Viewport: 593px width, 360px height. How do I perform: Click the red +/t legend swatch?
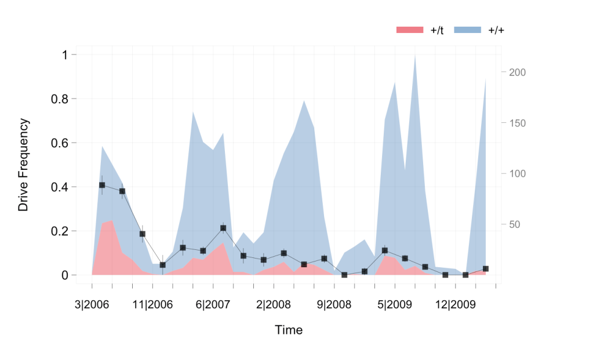410,30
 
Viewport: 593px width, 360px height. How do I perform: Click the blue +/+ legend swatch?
468,30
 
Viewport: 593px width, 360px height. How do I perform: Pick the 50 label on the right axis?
515,224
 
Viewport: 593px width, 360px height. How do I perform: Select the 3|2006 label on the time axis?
92,304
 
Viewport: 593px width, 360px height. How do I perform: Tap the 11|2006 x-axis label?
152,304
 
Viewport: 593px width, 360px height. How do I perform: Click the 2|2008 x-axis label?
274,304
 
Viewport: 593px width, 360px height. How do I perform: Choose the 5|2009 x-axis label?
395,304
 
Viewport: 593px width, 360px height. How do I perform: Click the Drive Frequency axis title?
23,165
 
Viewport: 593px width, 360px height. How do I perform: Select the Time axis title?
289,330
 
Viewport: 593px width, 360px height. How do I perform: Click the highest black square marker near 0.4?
102,185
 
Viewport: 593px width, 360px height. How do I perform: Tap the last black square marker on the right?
486,269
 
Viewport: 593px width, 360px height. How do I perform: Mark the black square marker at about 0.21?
223,228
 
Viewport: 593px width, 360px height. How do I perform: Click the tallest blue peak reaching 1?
415,56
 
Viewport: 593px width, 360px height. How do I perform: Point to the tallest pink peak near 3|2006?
112,221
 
